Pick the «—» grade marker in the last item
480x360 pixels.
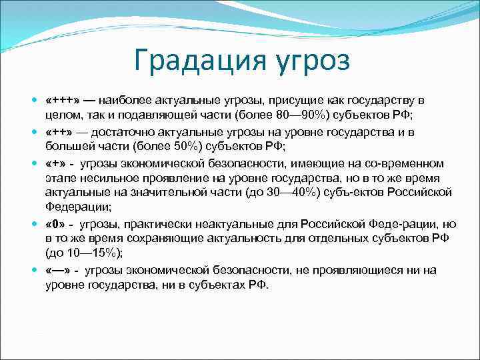(59, 269)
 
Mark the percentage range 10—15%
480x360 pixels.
(87, 253)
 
